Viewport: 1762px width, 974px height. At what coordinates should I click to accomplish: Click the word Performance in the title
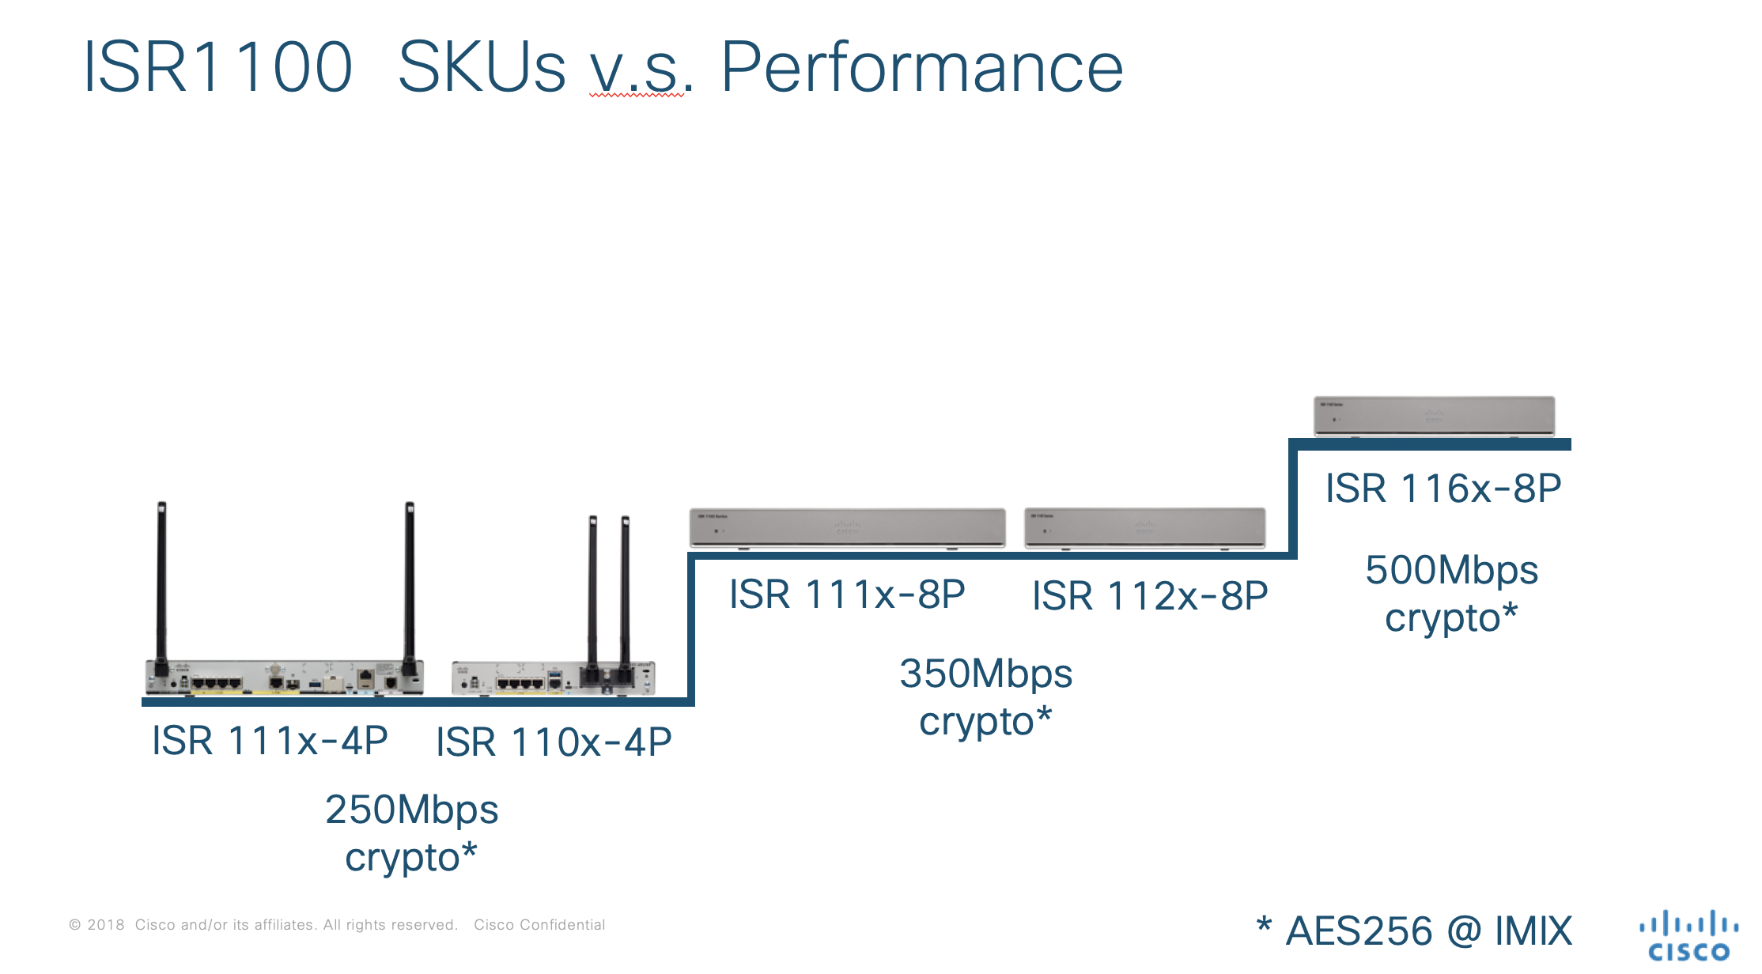[x=921, y=68]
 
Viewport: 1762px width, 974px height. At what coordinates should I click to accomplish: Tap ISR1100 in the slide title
[x=217, y=68]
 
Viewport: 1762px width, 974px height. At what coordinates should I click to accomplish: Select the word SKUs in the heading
[x=482, y=68]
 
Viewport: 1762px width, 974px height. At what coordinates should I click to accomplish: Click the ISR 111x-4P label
[x=270, y=742]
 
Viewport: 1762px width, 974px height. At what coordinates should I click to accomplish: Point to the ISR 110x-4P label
[x=554, y=742]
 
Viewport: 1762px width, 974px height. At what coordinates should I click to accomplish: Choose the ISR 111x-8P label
[x=847, y=595]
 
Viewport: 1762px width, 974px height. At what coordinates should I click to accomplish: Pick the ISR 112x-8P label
[x=1150, y=596]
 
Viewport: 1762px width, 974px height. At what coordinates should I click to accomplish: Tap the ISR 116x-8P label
[x=1443, y=489]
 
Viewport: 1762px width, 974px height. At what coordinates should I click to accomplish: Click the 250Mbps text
[x=411, y=810]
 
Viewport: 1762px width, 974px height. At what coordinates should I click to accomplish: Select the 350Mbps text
[x=985, y=674]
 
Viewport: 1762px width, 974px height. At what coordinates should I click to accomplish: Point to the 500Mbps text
[x=1451, y=570]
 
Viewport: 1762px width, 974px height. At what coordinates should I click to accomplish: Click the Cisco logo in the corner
[x=1688, y=936]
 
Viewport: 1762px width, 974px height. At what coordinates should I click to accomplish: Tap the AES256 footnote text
[x=1359, y=931]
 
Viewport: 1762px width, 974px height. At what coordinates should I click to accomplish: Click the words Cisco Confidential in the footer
[x=539, y=925]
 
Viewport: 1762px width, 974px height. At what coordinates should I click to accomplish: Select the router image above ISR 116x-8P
[x=1434, y=416]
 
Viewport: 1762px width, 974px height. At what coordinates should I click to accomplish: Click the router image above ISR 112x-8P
[x=1144, y=528]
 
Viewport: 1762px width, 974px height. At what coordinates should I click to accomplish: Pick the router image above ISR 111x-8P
[x=847, y=528]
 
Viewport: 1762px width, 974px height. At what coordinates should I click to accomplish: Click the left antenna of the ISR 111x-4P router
[x=161, y=585]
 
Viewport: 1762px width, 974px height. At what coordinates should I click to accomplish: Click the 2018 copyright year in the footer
[x=105, y=925]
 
